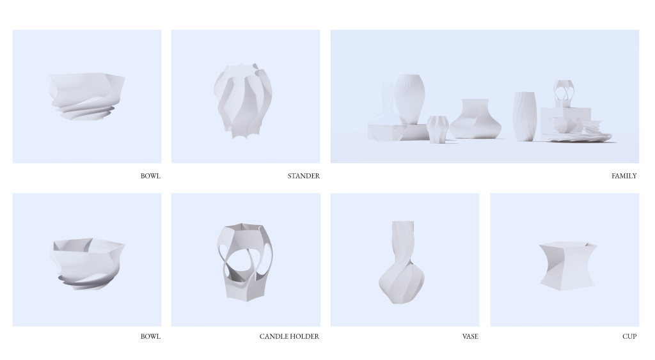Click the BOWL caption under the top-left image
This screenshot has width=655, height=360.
(150, 176)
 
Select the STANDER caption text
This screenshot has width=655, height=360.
(304, 176)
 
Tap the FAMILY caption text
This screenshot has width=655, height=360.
(624, 176)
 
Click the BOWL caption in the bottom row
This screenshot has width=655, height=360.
(150, 336)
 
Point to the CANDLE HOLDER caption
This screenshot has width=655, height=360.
(289, 336)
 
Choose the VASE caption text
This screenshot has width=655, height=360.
(470, 336)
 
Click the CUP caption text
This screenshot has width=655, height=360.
(629, 336)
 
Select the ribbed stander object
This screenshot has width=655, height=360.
(242, 101)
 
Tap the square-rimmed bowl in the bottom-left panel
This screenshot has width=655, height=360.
(87, 264)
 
